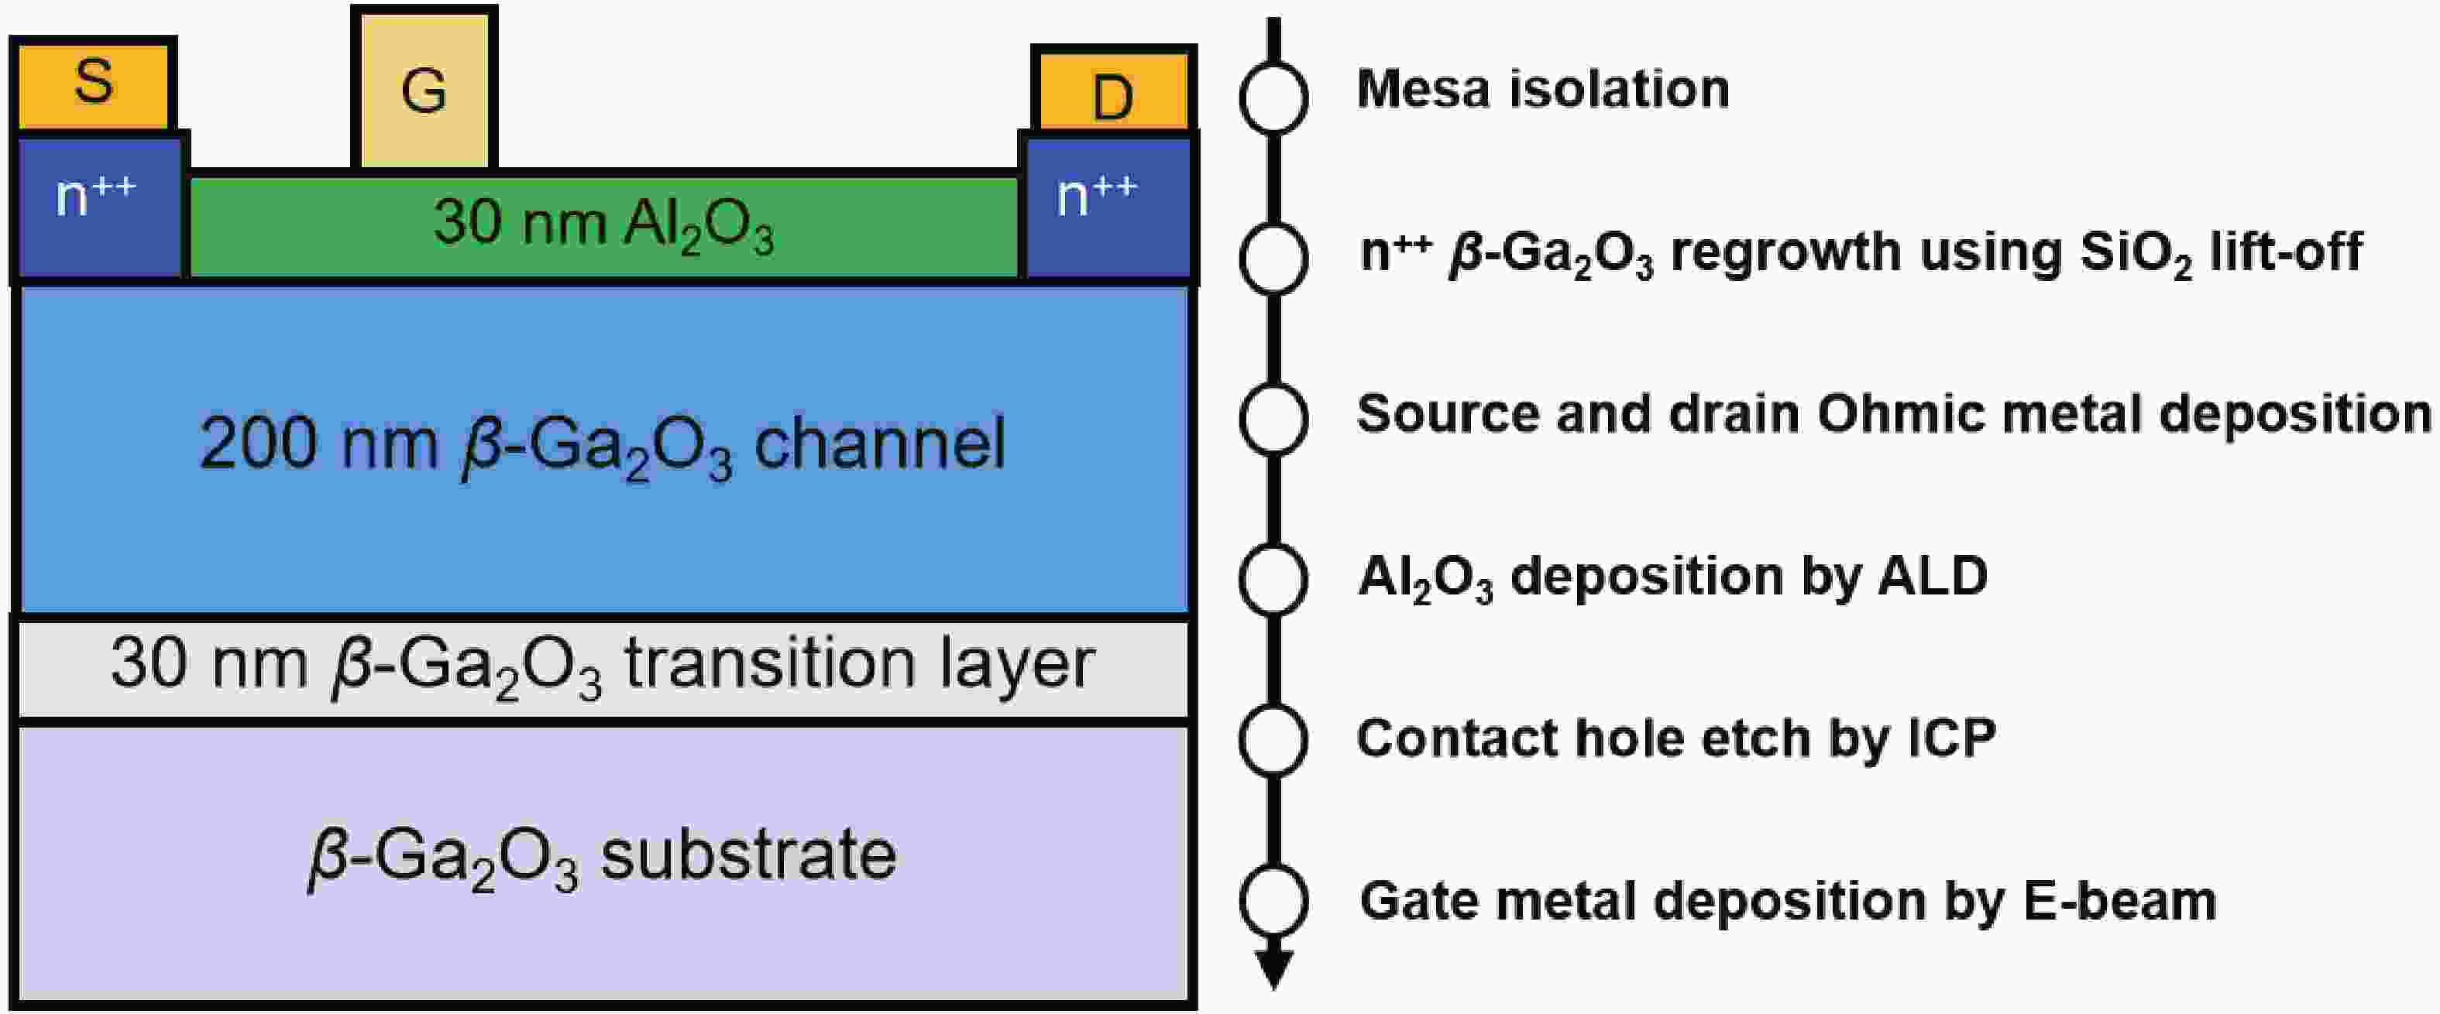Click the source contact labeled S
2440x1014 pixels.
click(x=93, y=84)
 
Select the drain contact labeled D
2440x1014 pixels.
click(x=1114, y=90)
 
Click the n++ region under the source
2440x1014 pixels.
click(x=99, y=207)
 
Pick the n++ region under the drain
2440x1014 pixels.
click(x=1108, y=207)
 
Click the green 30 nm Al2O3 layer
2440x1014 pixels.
click(x=603, y=225)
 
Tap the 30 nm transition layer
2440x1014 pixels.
click(x=603, y=667)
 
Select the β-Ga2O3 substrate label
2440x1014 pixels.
click(x=603, y=858)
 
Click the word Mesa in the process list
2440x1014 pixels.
click(x=1424, y=89)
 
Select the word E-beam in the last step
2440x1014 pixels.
click(x=2121, y=900)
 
